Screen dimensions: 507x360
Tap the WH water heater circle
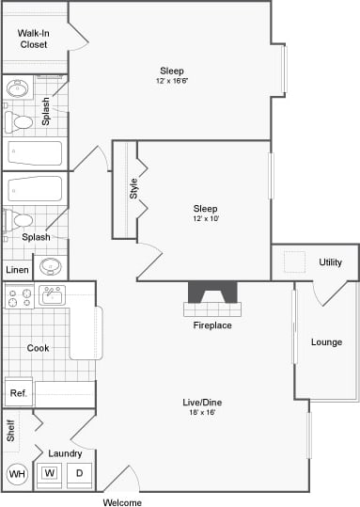tap(17, 474)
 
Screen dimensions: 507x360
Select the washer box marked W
tap(47, 473)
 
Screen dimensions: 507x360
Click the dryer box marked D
tap(79, 473)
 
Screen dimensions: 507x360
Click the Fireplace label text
tap(211, 325)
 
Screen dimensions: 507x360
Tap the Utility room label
tap(330, 262)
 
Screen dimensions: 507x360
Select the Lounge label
tap(326, 341)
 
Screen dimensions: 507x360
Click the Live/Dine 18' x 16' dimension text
tap(202, 413)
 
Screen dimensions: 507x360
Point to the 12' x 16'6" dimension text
tap(172, 82)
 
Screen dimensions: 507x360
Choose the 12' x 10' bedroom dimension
tap(205, 219)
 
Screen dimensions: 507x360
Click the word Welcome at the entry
tap(122, 502)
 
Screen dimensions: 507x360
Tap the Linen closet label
tap(17, 270)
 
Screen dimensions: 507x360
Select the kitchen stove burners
tap(17, 297)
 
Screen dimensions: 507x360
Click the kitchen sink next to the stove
tap(52, 295)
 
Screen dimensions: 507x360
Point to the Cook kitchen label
tap(38, 348)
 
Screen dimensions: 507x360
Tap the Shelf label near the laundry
tap(11, 431)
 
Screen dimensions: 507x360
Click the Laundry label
tap(65, 453)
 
